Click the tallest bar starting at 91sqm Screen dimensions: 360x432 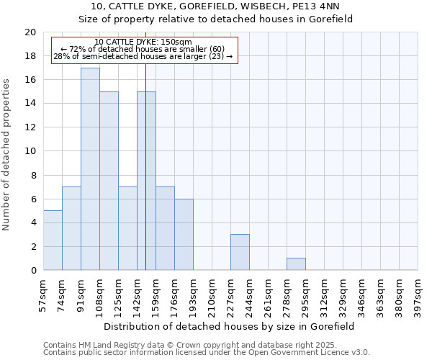[90, 169]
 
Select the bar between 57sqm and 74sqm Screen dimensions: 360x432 [53, 240]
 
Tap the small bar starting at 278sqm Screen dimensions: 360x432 [296, 264]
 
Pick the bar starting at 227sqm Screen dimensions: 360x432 [240, 252]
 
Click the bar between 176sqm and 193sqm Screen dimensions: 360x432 [184, 235]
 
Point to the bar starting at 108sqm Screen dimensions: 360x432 [109, 181]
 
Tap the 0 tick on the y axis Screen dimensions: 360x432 [33, 271]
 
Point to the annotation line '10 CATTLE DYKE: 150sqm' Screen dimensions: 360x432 [143, 42]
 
